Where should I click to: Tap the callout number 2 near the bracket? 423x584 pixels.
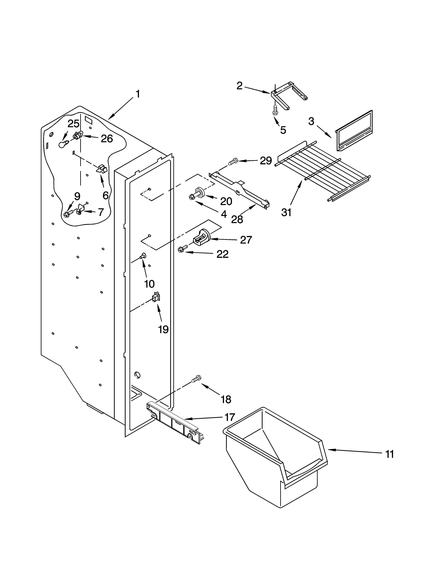click(239, 86)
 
